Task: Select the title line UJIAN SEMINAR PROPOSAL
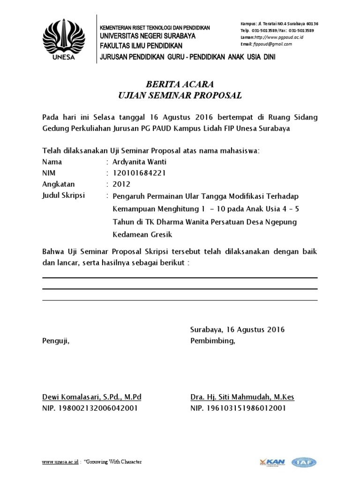pyautogui.click(x=180, y=96)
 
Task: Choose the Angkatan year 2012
pyautogui.click(x=121, y=184)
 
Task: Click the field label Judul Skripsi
pyautogui.click(x=64, y=195)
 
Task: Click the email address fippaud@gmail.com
pyautogui.click(x=272, y=44)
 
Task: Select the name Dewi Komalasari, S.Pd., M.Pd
pyautogui.click(x=91, y=397)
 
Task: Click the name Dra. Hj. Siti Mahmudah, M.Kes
pyautogui.click(x=242, y=397)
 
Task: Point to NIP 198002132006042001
pyautogui.click(x=90, y=408)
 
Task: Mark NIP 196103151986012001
pyautogui.click(x=238, y=408)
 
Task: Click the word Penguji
pyautogui.click(x=56, y=341)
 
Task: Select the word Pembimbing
pyautogui.click(x=212, y=341)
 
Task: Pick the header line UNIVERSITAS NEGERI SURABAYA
pyautogui.click(x=148, y=36)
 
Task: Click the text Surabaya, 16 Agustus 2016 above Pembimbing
pyautogui.click(x=237, y=330)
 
